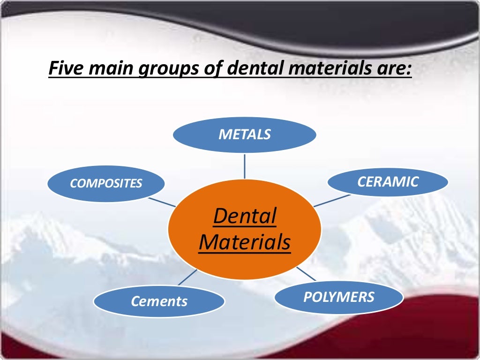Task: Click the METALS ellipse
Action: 244,135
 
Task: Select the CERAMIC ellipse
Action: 388,182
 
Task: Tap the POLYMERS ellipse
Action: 338,297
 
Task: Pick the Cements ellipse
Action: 159,301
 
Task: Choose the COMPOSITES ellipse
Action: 106,184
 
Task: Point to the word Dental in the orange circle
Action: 245,217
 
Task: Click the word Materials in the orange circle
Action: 245,243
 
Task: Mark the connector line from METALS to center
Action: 244,166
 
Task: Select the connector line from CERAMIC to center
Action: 331,201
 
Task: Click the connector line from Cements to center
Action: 187,277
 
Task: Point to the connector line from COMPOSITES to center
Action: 162,202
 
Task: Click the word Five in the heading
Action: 65,69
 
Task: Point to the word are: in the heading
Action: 396,69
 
